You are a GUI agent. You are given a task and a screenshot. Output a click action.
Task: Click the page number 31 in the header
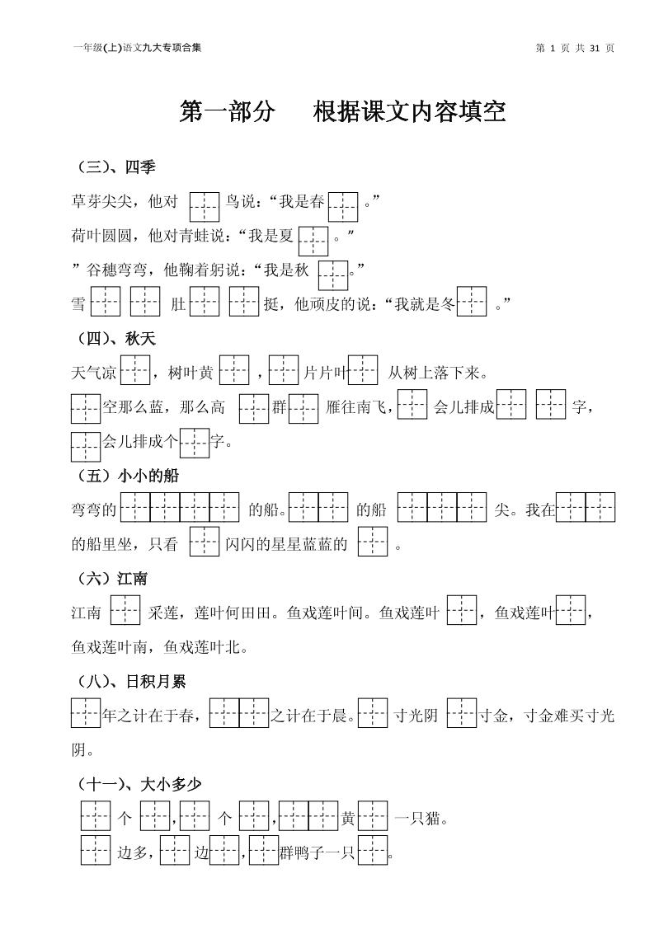[x=595, y=49]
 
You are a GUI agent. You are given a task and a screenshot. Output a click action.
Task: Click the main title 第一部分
[x=227, y=111]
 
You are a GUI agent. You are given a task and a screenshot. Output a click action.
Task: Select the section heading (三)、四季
[x=116, y=167]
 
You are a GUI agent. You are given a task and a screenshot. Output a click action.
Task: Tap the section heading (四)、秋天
[x=116, y=339]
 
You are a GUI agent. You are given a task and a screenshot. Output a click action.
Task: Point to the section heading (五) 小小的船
[x=128, y=476]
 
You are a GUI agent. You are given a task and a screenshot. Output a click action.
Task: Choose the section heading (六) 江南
[x=112, y=579]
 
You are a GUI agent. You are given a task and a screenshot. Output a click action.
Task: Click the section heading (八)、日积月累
[x=132, y=682]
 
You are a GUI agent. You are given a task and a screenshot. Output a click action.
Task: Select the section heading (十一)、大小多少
[x=139, y=785]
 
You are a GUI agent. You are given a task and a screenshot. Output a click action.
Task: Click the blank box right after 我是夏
[x=313, y=241]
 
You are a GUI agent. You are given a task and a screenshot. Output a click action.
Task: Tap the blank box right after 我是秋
[x=333, y=275]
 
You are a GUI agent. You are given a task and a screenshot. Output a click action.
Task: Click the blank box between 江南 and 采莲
[x=125, y=610]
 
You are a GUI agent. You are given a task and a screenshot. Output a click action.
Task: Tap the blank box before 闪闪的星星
[x=205, y=541]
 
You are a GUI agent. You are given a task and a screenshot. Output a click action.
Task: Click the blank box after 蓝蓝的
[x=373, y=541]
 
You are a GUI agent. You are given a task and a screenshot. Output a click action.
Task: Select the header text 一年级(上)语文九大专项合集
[x=137, y=49]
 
